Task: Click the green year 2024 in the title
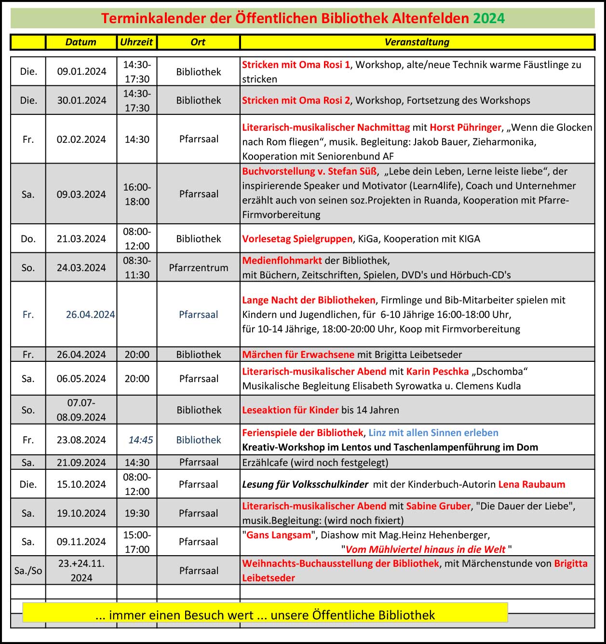[488, 18]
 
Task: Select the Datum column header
[81, 42]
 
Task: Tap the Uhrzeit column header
[136, 42]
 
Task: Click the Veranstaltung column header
[417, 42]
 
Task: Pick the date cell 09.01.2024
[81, 71]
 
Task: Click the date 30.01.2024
[81, 100]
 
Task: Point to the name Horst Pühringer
[465, 127]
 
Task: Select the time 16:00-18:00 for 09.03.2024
[137, 194]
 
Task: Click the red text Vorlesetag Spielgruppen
[297, 239]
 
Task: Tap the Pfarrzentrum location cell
[199, 268]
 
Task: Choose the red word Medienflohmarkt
[282, 260]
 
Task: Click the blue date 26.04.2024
[90, 315]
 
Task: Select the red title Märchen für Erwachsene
[298, 355]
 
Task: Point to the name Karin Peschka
[437, 371]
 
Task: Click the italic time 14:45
[140, 440]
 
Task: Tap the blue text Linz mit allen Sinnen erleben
[433, 433]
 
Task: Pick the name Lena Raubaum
[531, 484]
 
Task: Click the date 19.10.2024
[81, 513]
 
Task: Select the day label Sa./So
[28, 571]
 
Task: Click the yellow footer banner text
[265, 615]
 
